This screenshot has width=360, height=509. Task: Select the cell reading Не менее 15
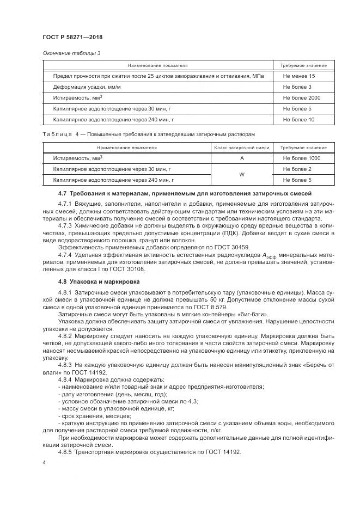(x=298, y=76)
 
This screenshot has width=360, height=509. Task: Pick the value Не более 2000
(x=301, y=98)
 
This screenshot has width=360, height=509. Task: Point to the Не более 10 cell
(x=298, y=119)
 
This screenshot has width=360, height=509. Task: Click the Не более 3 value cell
(x=297, y=87)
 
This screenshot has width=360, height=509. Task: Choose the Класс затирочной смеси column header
(x=241, y=148)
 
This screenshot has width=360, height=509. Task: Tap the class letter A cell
(x=241, y=158)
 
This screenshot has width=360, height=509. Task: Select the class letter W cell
(x=241, y=175)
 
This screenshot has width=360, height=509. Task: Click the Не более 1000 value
(x=301, y=158)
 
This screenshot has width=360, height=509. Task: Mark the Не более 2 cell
(x=297, y=169)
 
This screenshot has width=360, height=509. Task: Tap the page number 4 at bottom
(x=44, y=462)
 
